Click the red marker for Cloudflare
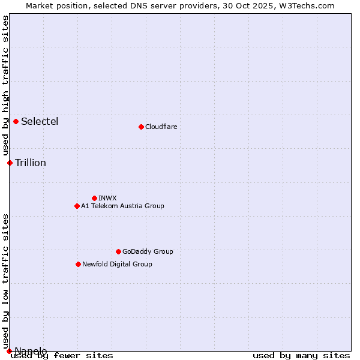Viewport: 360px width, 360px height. [x=141, y=127]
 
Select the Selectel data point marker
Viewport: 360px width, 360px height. [x=16, y=121]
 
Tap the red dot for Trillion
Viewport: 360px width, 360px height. [x=10, y=163]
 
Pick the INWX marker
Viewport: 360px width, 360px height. [x=94, y=198]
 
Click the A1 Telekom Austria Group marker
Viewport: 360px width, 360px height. [x=77, y=206]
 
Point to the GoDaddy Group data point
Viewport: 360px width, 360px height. [x=118, y=251]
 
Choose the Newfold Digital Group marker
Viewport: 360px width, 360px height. [x=78, y=264]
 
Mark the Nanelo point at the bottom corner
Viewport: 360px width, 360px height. [x=9, y=351]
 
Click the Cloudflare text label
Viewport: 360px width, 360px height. [x=161, y=127]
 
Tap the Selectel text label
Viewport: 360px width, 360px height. [x=40, y=121]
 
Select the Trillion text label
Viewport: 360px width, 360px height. [x=31, y=163]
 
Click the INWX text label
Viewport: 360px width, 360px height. [x=107, y=198]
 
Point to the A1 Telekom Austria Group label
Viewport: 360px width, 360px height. [x=122, y=206]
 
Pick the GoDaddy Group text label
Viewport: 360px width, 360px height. [x=148, y=251]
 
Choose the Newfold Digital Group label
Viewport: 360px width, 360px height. [x=117, y=264]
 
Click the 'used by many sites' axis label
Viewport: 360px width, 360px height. [x=301, y=356]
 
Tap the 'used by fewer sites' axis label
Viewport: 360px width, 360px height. [x=62, y=356]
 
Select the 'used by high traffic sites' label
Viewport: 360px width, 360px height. [x=5, y=86]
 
